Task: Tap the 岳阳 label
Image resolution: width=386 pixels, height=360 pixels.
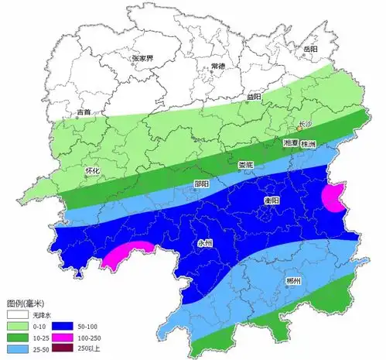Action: [x=310, y=49]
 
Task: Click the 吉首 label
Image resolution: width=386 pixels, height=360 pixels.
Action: [x=84, y=112]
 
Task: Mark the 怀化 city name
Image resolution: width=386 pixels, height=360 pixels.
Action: [x=94, y=171]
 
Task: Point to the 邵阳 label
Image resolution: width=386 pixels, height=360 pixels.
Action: [x=201, y=184]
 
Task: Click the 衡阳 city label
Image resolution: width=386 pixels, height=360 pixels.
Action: [x=272, y=200]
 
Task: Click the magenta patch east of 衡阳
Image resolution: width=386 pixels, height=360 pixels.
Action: [x=335, y=198]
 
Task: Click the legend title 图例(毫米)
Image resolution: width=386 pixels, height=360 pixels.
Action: [x=27, y=303]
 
